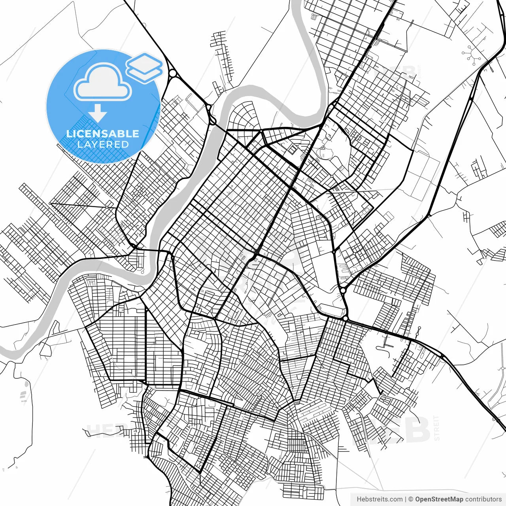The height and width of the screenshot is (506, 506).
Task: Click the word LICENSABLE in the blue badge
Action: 103,134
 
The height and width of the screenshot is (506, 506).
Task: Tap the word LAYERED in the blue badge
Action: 103,144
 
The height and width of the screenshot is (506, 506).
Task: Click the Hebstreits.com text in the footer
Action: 380,499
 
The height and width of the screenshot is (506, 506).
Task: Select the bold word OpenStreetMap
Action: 439,499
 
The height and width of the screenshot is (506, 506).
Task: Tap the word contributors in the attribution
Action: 483,499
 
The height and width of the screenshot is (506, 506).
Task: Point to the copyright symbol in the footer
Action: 411,499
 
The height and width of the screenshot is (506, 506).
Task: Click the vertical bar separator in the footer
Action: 406,499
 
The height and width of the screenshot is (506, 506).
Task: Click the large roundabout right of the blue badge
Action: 173,74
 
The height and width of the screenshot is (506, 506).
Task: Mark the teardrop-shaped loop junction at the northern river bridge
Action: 213,119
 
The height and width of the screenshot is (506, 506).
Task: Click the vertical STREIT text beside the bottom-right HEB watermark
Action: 436,428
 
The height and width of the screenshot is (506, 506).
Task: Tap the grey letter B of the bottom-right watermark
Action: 418,430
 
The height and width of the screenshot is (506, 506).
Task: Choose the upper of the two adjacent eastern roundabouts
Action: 342,290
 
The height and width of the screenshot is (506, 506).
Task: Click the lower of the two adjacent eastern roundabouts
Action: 346,318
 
